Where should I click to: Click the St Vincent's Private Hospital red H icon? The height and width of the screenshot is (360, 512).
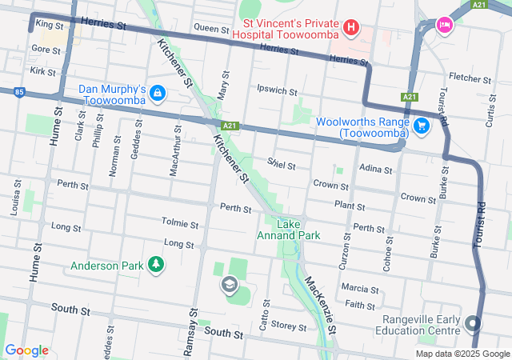click(x=350, y=30)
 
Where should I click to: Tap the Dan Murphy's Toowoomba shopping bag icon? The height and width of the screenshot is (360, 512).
click(x=158, y=94)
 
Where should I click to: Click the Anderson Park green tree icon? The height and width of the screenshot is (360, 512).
click(x=156, y=265)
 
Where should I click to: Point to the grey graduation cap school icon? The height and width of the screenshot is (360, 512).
click(x=230, y=285)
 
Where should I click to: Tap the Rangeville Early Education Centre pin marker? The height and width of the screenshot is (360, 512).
click(x=472, y=324)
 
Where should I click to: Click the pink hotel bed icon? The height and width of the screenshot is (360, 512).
click(x=443, y=26)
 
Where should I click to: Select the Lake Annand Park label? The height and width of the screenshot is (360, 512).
click(x=288, y=230)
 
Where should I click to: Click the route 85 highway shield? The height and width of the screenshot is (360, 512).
click(x=18, y=93)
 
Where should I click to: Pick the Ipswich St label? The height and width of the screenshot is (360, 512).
click(x=277, y=90)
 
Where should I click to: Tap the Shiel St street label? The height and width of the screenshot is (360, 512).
click(x=282, y=165)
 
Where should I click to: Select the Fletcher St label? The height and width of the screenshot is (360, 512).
click(x=470, y=78)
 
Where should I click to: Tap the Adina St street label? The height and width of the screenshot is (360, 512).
click(x=376, y=170)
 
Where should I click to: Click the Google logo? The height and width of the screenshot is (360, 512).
click(x=27, y=350)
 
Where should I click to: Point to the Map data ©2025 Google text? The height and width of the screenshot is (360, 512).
click(x=462, y=354)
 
